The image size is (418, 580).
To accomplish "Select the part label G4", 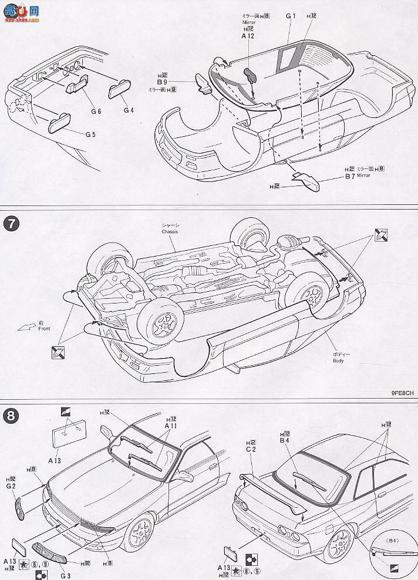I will click(129, 110).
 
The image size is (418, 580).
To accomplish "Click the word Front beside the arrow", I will click(42, 329).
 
